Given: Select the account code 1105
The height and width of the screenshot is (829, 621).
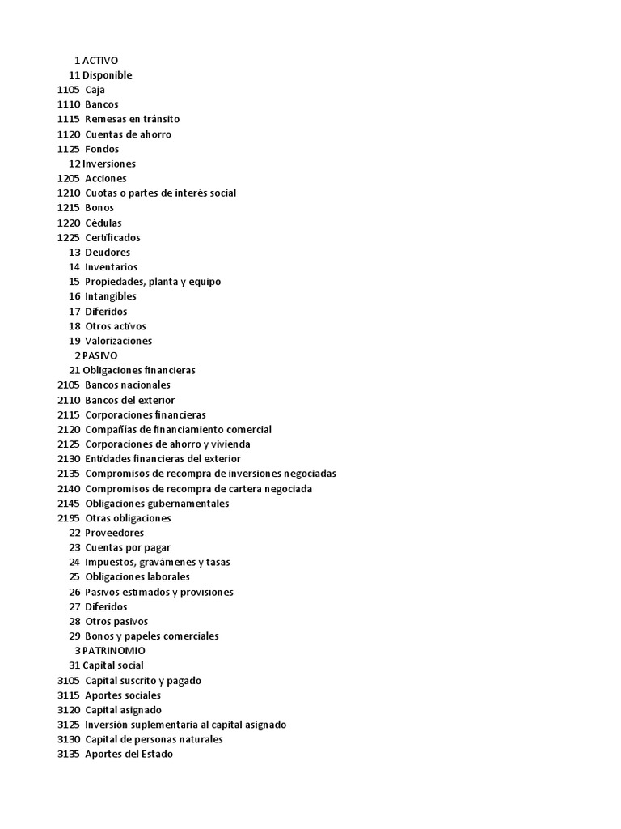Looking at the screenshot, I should pos(69,90).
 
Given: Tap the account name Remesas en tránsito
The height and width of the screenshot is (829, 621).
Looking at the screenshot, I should pos(132,119).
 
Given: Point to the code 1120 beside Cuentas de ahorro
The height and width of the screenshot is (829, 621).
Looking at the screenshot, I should pos(69,134).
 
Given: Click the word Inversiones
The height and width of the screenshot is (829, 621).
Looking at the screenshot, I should pos(109,164).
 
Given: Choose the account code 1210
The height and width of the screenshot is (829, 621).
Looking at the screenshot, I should pos(69,193).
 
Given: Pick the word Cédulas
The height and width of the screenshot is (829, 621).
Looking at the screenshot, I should pos(103,223).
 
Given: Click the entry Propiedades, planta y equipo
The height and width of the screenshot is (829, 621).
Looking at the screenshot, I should pos(153,282).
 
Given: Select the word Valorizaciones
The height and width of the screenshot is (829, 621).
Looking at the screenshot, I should pos(118,341).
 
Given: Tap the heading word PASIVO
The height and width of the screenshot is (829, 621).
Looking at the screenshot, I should pos(99,355).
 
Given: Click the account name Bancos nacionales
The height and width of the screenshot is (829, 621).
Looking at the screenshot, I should pos(128,385).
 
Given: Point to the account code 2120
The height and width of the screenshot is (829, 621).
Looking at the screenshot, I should pos(69,430).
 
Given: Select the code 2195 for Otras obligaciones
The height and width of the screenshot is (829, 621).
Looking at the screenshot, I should pos(69,518).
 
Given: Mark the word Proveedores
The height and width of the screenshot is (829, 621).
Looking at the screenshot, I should pos(114,533).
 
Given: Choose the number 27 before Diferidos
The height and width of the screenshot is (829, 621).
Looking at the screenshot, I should pos(74,606).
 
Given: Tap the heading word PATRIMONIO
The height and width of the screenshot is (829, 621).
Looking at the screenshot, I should pos(114,651).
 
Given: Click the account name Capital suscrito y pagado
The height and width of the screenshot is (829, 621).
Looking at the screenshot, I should pos(143,681).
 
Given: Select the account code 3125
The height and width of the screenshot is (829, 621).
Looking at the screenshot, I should pos(69,725).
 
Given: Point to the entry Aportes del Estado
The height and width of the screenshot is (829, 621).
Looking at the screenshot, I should pos(129,755).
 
